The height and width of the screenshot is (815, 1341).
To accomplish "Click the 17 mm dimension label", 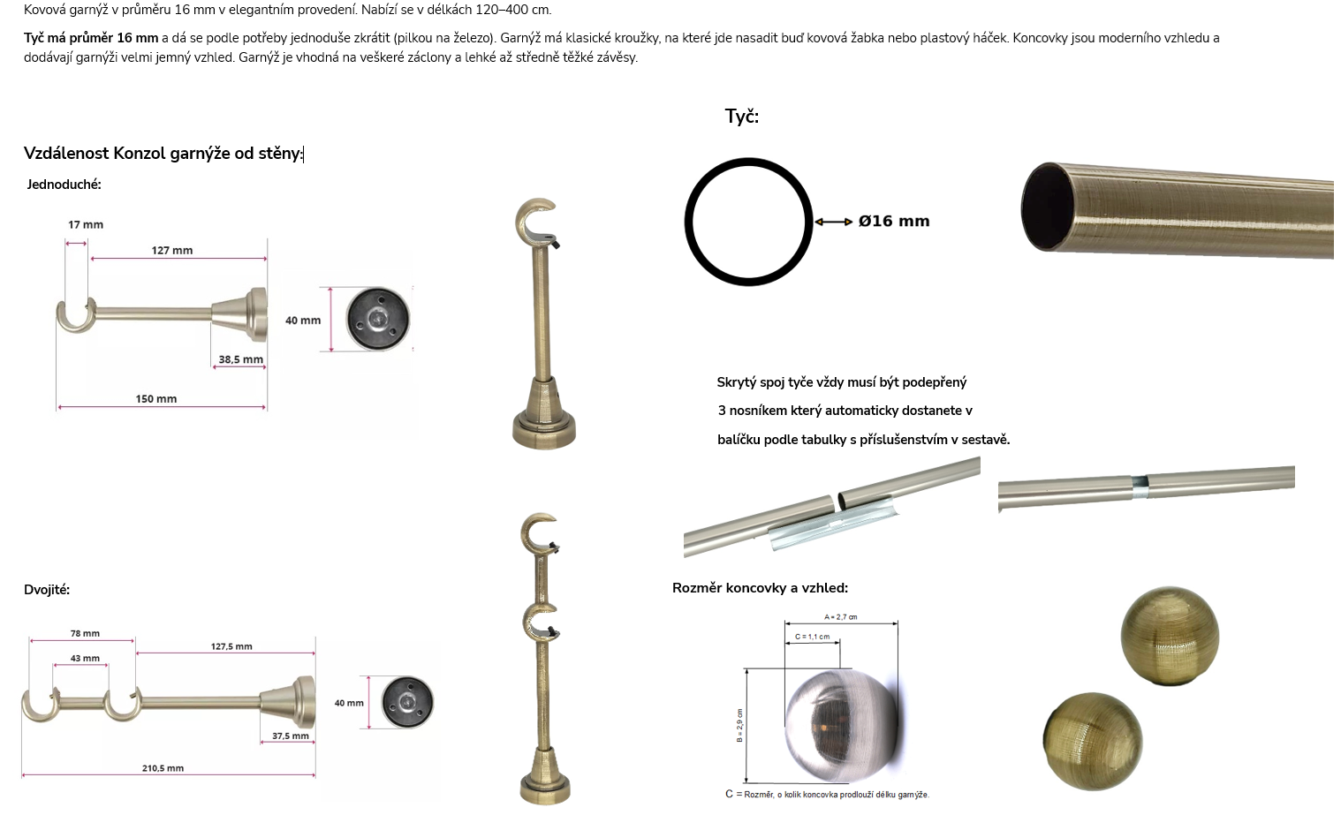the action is (86, 225).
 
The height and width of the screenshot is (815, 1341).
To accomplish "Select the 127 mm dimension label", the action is (171, 251).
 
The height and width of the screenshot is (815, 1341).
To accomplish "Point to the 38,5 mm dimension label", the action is (240, 359).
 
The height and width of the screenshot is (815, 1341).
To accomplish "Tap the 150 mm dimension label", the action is (156, 399).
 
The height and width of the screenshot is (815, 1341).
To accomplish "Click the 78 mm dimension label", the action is (85, 634).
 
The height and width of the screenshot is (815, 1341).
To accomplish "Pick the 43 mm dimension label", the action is (85, 659).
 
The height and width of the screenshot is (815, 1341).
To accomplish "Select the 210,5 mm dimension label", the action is (163, 768).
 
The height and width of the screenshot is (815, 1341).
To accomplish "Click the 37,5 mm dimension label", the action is (291, 736).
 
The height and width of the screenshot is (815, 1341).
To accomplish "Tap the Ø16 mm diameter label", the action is (894, 222).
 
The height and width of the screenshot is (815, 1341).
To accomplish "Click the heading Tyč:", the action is (742, 116).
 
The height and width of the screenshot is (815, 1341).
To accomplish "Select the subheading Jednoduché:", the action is (64, 185).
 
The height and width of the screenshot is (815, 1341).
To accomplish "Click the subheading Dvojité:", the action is (47, 590).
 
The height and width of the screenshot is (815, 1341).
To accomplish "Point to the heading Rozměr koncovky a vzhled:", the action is (760, 588).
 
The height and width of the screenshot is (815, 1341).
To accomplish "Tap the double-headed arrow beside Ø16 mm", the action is (833, 222).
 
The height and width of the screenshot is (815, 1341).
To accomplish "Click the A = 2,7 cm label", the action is (840, 617).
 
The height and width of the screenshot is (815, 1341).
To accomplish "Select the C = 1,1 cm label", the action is (812, 637).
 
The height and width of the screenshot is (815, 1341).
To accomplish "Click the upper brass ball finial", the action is (1170, 636).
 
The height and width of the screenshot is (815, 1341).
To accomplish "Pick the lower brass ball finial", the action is (1093, 742).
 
